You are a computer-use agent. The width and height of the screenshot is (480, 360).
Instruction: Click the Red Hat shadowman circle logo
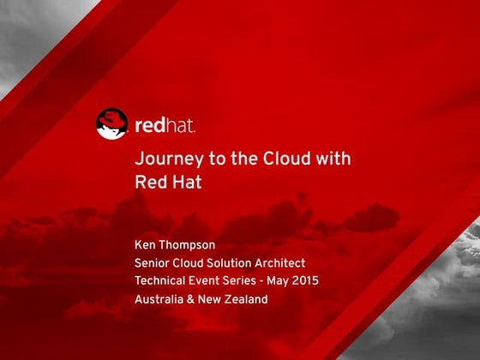[x=111, y=124]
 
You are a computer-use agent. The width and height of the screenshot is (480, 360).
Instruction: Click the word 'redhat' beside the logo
[x=165, y=125]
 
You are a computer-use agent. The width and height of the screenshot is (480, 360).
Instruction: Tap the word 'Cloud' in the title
[x=290, y=159]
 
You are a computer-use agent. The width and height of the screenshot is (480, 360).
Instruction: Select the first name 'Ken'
[x=147, y=245]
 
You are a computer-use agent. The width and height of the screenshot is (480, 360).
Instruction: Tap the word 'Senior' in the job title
[x=154, y=263]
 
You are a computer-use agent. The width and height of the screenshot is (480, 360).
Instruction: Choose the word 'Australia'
[x=162, y=299]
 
